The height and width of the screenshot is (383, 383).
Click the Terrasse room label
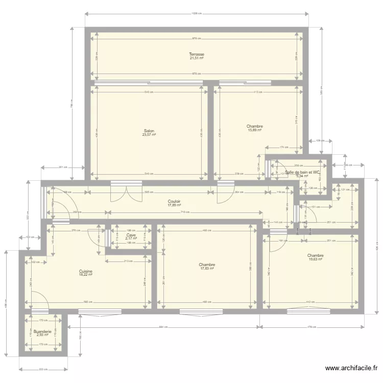[x=197, y=54]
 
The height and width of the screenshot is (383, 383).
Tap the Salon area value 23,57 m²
[x=149, y=135]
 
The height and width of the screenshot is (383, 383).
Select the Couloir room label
[x=174, y=201]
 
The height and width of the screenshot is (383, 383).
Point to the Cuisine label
[x=86, y=271]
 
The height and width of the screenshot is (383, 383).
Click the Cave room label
[x=131, y=235]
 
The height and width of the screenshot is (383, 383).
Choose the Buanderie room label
[x=43, y=331]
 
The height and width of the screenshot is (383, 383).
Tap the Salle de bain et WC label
[x=303, y=173]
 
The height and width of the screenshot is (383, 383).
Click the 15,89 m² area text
[x=254, y=130]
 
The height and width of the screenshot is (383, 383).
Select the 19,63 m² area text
[x=316, y=259]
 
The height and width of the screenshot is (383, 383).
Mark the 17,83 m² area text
[x=207, y=269]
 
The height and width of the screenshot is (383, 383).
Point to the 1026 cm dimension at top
[x=197, y=13]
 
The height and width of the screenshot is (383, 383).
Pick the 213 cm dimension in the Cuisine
[x=128, y=261]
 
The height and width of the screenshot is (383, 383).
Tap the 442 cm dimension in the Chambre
[x=310, y=302]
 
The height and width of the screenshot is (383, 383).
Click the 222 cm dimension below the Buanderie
[x=43, y=369]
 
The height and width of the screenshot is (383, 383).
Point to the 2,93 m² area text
[x=43, y=335]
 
